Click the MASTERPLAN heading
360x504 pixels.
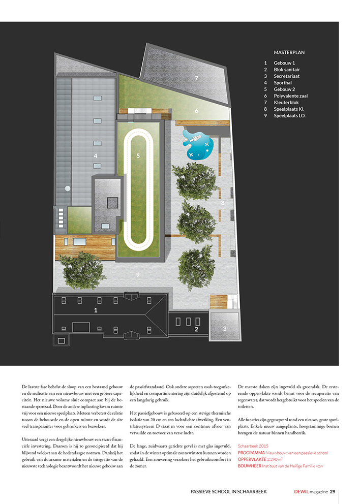[x=289, y=52]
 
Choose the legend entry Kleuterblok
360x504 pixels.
[x=287, y=102]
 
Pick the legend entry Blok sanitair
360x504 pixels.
[x=288, y=69]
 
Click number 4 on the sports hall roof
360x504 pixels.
[x=95, y=156]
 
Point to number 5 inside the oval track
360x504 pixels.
[x=138, y=156]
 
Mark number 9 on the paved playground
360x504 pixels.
[x=137, y=274]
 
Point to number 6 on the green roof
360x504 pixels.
[x=196, y=110]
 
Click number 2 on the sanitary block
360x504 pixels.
[x=195, y=329]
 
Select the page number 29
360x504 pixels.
[x=332, y=491]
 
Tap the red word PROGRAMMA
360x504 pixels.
[x=251, y=452]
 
